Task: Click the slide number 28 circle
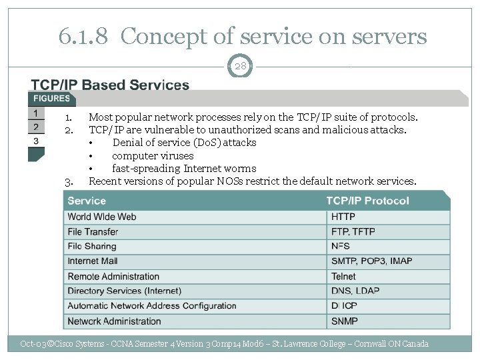(240, 67)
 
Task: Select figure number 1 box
(36, 113)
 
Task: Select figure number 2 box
(36, 127)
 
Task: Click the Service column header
(87, 201)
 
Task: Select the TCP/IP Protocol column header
(367, 201)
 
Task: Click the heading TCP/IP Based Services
(110, 85)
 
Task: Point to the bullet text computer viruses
(153, 155)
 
